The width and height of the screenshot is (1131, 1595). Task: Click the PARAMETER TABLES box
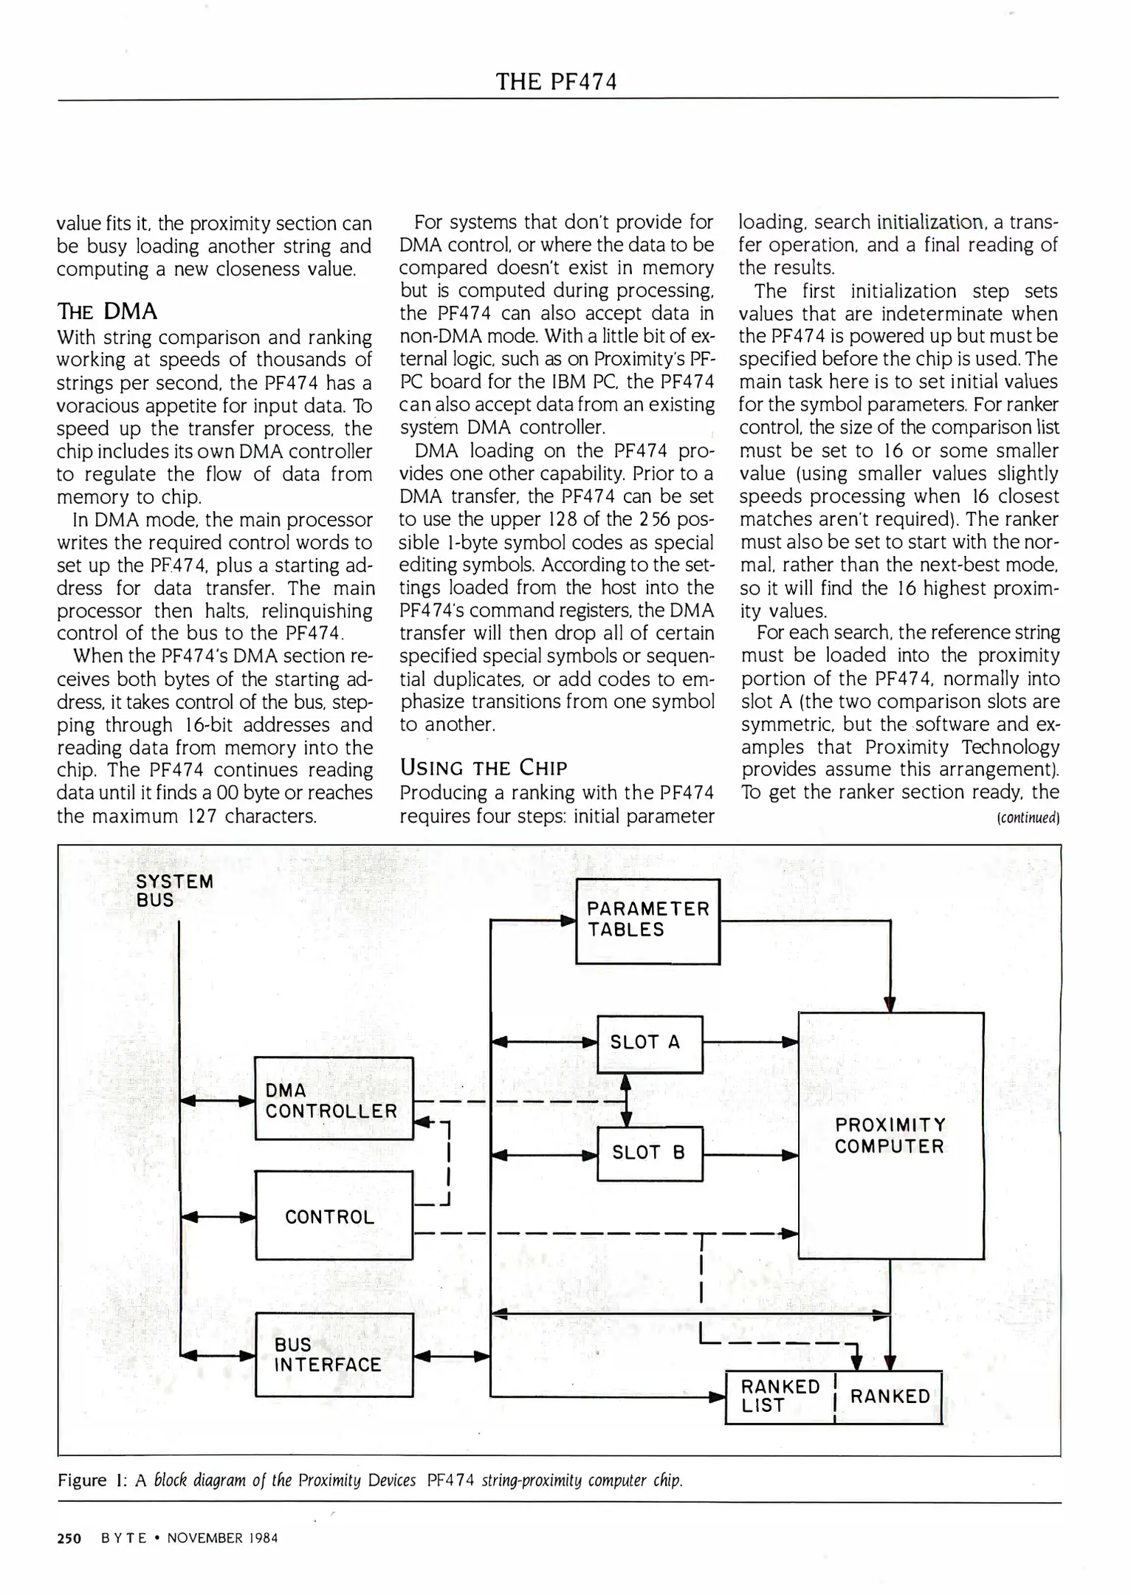(647, 921)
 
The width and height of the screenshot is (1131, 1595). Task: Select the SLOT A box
(650, 1043)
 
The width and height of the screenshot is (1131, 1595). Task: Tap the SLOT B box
(650, 1153)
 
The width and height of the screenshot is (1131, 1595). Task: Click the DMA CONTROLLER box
(333, 1099)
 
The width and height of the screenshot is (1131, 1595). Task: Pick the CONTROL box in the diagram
(333, 1216)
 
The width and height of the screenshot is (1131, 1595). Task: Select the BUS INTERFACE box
(333, 1354)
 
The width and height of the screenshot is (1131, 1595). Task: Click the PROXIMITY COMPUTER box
(890, 1136)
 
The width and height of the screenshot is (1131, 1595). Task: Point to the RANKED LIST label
(780, 1396)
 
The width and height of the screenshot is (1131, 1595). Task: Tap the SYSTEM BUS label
(174, 891)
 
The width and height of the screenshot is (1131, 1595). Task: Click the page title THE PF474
(556, 81)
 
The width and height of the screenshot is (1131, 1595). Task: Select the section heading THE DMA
(107, 312)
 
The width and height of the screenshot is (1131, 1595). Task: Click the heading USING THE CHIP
(484, 768)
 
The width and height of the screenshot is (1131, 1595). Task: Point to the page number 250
(69, 1538)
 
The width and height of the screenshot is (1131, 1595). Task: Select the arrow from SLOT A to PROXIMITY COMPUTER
(750, 1043)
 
